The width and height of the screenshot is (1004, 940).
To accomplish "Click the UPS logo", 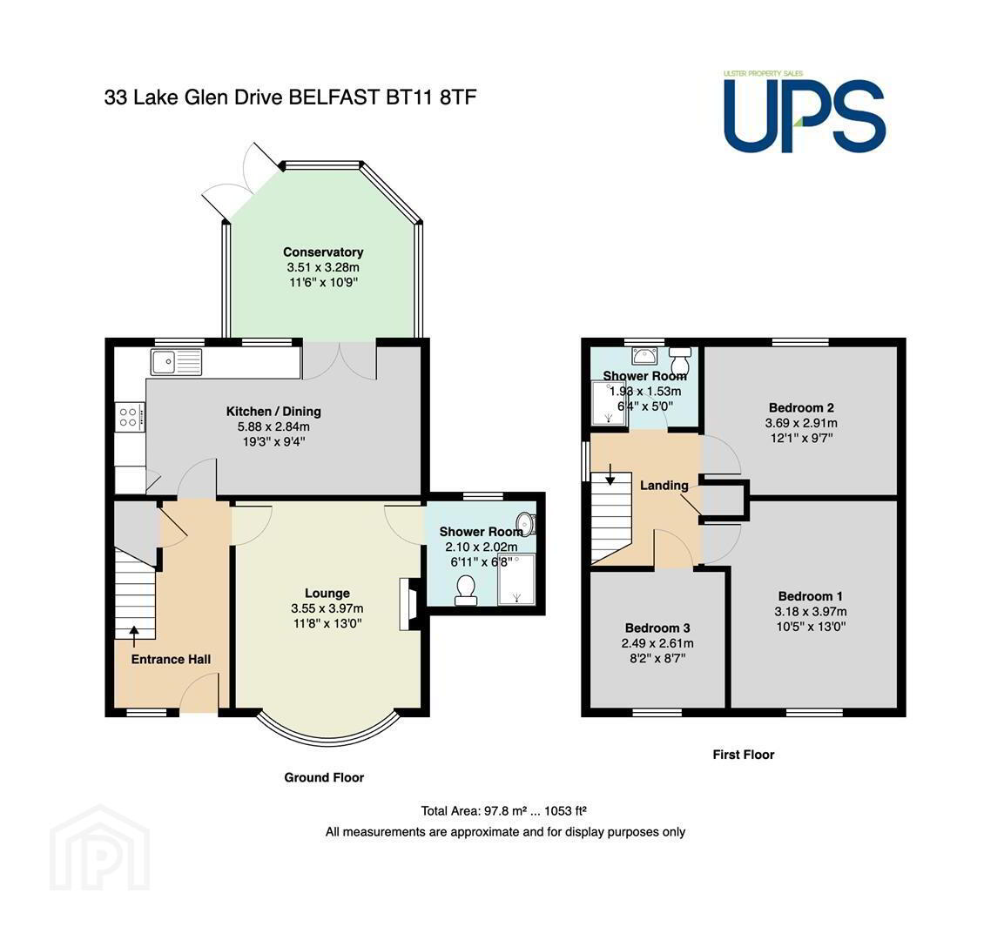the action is pos(805,112).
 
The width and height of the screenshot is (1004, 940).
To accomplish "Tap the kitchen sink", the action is pos(176,362).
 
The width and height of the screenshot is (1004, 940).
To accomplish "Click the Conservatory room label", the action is pos(323,252).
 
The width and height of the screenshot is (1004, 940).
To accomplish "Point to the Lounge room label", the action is pos(327,594).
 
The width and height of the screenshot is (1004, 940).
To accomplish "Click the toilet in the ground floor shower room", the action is pos(466,590).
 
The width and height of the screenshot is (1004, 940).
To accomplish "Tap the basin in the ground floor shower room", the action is pos(526,523).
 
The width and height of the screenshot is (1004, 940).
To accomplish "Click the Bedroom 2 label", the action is pos(801,407).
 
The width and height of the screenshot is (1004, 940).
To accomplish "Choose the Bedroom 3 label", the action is pos(657,628).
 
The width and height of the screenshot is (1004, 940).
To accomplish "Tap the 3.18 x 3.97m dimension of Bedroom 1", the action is pos(811,612).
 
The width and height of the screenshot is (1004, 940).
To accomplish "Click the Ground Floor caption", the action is pos(324,777).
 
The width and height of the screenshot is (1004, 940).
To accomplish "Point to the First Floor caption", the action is pos(744,755).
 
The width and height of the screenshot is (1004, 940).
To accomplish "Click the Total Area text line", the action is pos(504,810).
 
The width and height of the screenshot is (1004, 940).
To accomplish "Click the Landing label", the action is pos(664,485).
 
